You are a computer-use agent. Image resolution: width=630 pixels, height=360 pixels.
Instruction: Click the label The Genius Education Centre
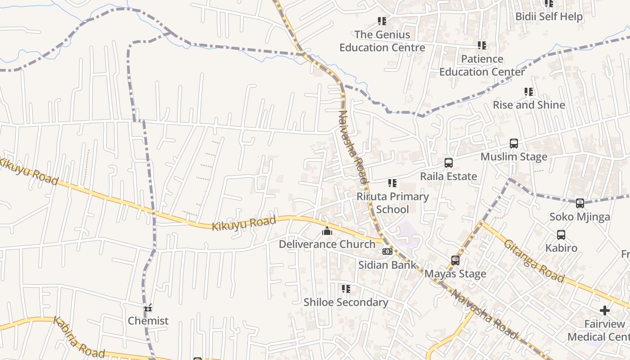tap(382, 41)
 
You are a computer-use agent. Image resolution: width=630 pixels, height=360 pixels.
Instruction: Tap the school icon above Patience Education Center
tap(482, 45)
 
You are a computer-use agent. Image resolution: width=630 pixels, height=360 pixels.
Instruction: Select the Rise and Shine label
tap(529, 105)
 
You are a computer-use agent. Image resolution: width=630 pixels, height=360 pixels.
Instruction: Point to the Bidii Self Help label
tap(549, 17)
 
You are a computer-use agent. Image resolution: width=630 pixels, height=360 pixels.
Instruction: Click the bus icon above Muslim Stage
tap(514, 144)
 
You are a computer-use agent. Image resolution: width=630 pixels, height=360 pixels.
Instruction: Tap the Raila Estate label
tap(448, 176)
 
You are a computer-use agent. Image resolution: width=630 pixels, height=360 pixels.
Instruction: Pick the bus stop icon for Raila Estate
tap(448, 163)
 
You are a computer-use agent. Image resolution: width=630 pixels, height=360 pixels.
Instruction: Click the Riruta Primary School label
tap(392, 203)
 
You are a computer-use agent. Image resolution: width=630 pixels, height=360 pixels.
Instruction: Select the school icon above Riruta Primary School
tap(392, 183)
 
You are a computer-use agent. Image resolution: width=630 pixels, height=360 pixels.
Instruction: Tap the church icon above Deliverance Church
tap(327, 231)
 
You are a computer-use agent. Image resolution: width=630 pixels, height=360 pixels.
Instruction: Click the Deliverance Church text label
tap(327, 244)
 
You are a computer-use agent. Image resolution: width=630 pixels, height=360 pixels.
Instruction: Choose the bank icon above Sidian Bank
tap(387, 252)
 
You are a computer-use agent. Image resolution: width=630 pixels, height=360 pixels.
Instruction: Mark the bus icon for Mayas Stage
tap(455, 261)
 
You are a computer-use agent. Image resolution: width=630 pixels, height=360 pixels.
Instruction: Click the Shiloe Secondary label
tap(346, 302)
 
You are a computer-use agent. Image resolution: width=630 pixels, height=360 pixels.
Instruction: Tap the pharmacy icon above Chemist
tap(148, 308)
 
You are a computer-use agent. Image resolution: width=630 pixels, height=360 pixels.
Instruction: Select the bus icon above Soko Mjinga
tap(580, 203)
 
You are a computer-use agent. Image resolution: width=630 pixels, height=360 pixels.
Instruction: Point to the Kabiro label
tap(561, 248)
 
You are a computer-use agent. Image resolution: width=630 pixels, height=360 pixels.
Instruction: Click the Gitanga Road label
tap(534, 261)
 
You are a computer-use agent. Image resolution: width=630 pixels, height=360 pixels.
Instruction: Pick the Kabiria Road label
tap(79, 337)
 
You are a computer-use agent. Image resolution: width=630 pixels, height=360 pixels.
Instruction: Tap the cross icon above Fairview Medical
tap(605, 310)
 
